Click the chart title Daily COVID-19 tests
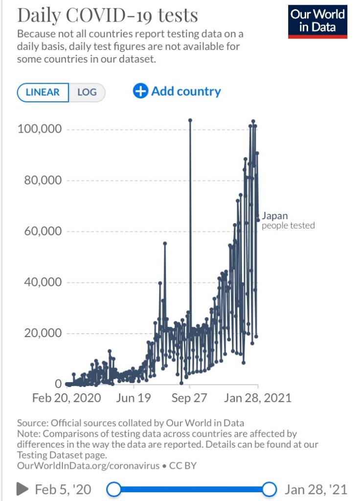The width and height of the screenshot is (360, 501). [108, 15]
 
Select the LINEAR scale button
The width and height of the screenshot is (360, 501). [43, 92]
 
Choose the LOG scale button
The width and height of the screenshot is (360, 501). [87, 92]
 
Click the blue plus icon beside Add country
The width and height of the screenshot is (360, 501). [140, 91]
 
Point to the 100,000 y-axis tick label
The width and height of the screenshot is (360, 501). [40, 129]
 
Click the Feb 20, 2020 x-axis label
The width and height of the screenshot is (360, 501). [67, 398]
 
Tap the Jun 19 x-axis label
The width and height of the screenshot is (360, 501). [134, 398]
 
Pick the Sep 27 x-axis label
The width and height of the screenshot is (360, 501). [189, 398]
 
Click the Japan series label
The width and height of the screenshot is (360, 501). [275, 216]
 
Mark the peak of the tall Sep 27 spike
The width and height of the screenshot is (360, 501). [190, 120]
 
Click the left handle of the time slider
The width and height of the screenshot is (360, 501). [114, 489]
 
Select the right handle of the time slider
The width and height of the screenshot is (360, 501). [269, 489]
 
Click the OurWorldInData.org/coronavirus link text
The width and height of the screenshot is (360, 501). [88, 465]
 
